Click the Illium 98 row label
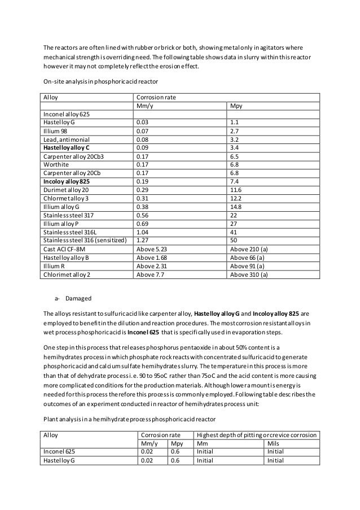[55, 129]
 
